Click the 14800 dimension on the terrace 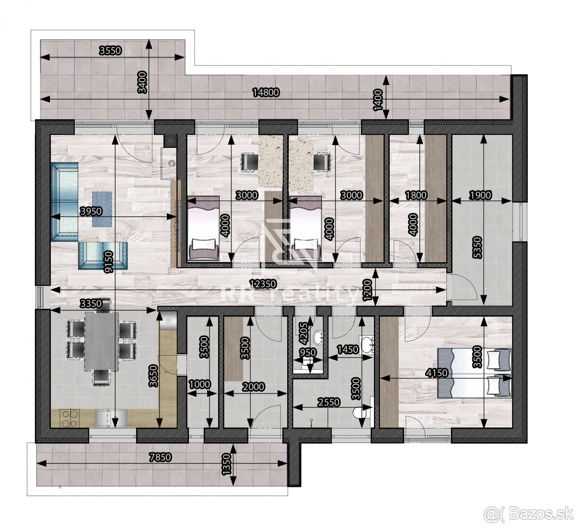point(266,93)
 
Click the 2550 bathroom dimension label point(329,402)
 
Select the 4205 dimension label point(303,332)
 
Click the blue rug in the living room point(102,208)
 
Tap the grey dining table point(101,341)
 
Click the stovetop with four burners point(69,417)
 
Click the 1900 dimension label point(480,195)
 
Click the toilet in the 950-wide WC point(318,336)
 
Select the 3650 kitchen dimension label point(153,372)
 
